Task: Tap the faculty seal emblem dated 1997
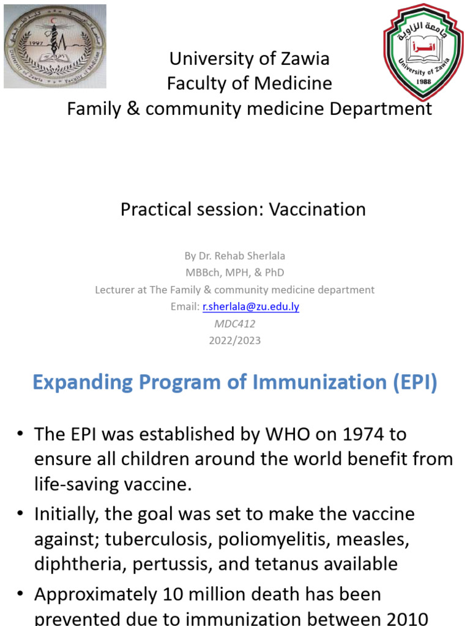pos(55,46)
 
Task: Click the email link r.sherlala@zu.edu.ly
pos(251,307)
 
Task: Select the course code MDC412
pos(234,324)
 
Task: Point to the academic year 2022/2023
pos(234,341)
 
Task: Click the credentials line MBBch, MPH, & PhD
pos(234,273)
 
